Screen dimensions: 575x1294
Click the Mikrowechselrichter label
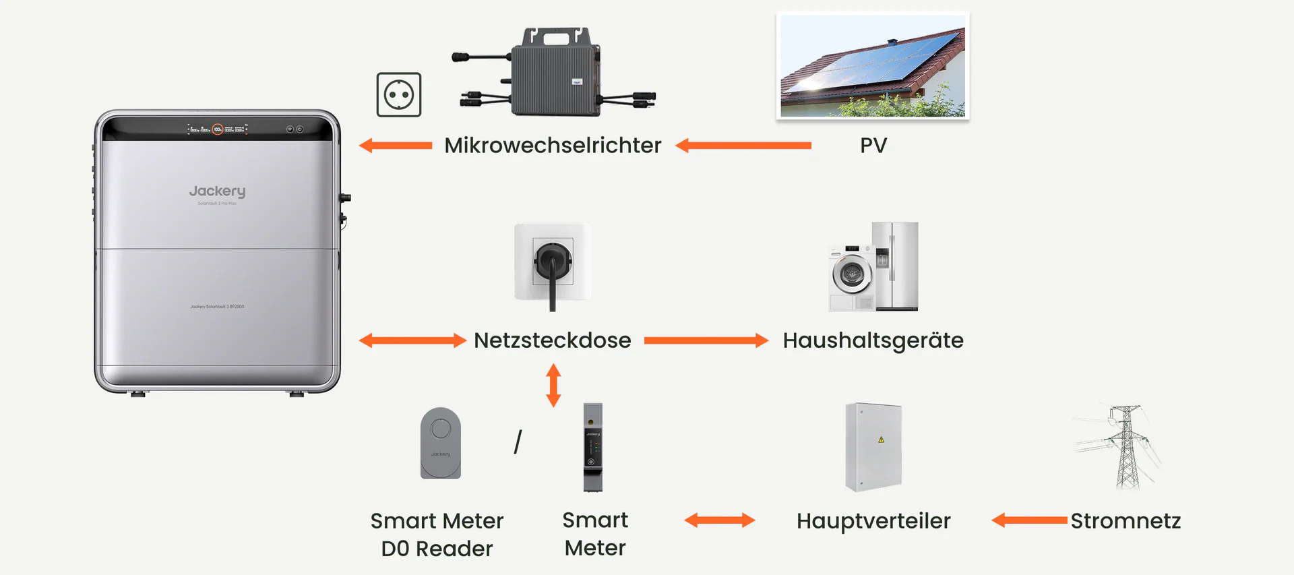553,146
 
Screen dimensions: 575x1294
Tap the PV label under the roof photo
873,146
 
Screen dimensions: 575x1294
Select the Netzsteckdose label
553,340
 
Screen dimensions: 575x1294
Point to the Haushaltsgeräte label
873,340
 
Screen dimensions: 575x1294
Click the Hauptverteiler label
873,521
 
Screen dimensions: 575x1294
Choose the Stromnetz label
1126,521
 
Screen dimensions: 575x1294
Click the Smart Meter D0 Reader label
437,535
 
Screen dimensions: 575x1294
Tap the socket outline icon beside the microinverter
399,95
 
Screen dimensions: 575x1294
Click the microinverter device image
554,73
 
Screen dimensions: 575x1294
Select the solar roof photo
873,65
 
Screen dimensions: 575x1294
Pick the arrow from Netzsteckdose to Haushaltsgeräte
706,340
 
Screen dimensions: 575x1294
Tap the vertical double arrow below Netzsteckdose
553,386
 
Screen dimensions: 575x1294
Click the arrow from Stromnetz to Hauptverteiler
1030,520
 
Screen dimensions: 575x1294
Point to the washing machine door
852,274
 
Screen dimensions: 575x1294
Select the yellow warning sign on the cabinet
881,440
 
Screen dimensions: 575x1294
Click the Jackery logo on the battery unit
217,191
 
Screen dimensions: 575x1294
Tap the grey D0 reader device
441,443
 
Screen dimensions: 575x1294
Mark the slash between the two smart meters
518,442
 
